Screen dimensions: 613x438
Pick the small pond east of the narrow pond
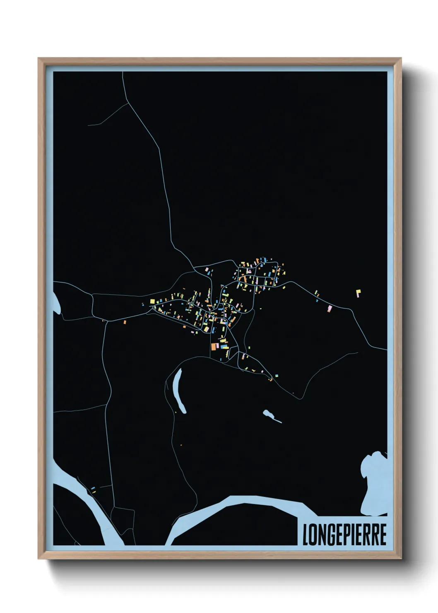270,415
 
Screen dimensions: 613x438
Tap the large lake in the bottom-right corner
375,480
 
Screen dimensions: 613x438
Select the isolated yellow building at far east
359,293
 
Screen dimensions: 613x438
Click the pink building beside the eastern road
330,308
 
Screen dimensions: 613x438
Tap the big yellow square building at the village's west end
152,301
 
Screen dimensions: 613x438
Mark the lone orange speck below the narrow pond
181,445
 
